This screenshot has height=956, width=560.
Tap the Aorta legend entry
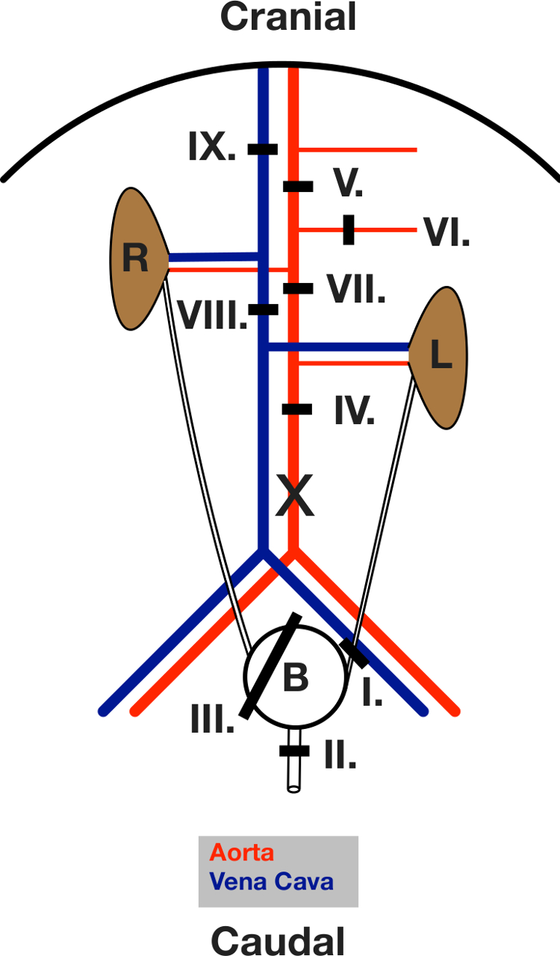coord(241,852)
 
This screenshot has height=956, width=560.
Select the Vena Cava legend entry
coord(271,881)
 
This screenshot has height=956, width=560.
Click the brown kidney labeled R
coord(137,258)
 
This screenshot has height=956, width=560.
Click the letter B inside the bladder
coord(295,678)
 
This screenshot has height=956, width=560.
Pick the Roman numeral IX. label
coord(212,148)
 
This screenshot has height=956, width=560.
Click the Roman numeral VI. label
coord(447,232)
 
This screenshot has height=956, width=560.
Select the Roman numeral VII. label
coord(355,289)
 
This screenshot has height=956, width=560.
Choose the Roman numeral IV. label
coord(354,412)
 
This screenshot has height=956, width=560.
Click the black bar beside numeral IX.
coord(263,149)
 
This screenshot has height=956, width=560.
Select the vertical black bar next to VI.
coord(348,229)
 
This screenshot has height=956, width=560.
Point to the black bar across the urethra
coord(293,750)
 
